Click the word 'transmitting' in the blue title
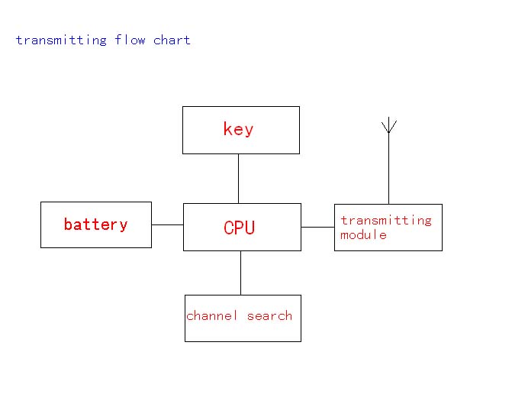pyautogui.click(x=61, y=40)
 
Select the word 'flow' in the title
pyautogui.click(x=130, y=40)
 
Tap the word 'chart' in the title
pyautogui.click(x=172, y=40)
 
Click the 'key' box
pyautogui.click(x=240, y=142)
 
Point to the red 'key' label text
pyautogui.click(x=238, y=129)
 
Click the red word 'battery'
pyautogui.click(x=95, y=224)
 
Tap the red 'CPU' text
pyautogui.click(x=240, y=228)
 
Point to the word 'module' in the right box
pyautogui.click(x=363, y=234)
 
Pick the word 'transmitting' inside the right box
pyautogui.click(x=385, y=220)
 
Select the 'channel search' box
pyautogui.click(x=243, y=329)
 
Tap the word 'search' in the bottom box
pyautogui.click(x=269, y=315)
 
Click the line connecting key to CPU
pyautogui.click(x=238, y=178)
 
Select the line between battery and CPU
pyautogui.click(x=167, y=224)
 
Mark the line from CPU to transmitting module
pyautogui.click(x=317, y=227)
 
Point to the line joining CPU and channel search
pyautogui.click(x=240, y=273)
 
